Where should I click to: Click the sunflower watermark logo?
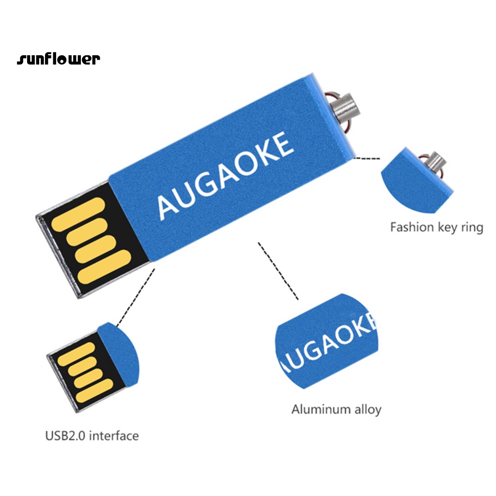coord(59,60)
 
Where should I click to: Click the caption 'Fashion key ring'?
coord(436,227)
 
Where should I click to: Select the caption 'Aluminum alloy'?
coord(336,409)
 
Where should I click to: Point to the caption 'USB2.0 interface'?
coord(92,435)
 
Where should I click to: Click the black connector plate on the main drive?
coord(92,242)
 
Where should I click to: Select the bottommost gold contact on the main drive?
coord(105,264)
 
